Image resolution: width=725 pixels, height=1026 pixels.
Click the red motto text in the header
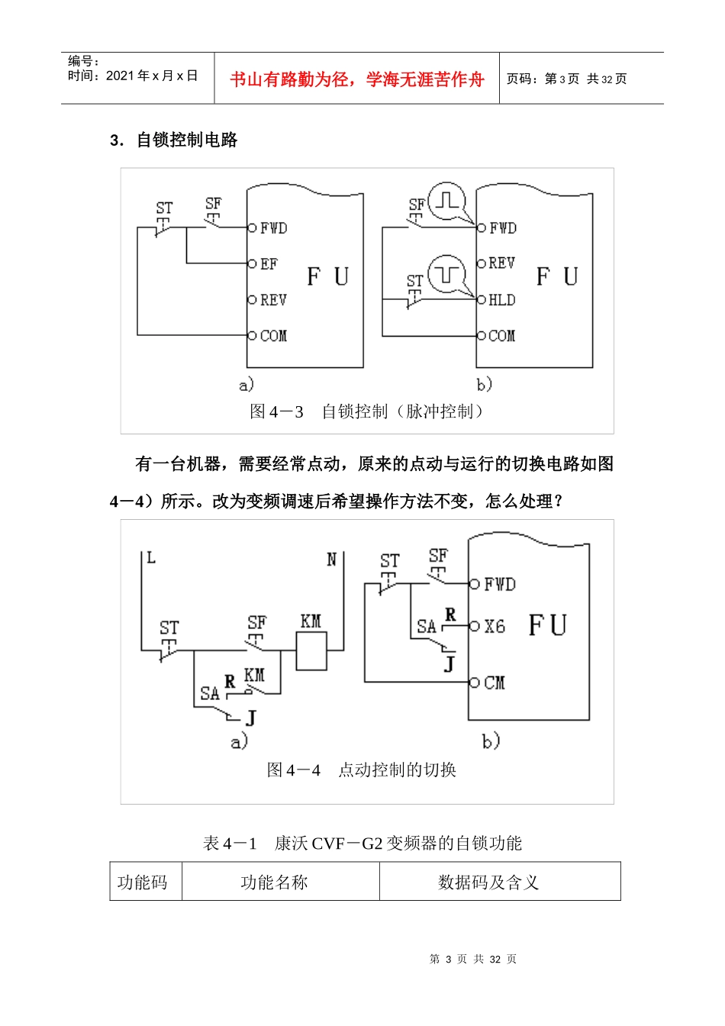coord(356,79)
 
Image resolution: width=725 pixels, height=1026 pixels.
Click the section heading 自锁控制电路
coord(186,140)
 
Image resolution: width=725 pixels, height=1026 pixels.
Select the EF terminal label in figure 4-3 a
coord(269,264)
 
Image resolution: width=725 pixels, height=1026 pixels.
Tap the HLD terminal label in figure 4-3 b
coord(501,300)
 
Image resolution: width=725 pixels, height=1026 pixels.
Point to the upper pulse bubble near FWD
coord(446,201)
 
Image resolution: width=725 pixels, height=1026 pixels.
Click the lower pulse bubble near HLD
coord(446,273)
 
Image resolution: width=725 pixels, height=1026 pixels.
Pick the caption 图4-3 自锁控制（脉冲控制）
coord(367,411)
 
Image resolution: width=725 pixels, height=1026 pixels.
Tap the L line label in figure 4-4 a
coord(151,558)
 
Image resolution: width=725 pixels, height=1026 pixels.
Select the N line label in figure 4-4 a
coord(331,560)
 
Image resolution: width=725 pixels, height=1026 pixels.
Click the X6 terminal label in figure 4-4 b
coord(495,627)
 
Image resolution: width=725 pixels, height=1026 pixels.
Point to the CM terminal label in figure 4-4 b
coord(495,682)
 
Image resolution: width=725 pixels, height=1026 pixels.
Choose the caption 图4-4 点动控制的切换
coord(362,769)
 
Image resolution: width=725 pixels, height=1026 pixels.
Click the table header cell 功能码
coord(143,882)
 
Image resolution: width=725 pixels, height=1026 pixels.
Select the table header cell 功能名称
coord(274,882)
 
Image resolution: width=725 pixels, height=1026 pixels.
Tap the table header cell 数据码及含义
coord(488,882)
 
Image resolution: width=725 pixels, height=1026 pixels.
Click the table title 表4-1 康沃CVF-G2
coord(362,843)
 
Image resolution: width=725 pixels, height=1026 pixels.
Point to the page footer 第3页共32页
coord(473,959)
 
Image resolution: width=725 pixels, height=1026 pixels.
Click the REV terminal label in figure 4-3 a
coord(273,300)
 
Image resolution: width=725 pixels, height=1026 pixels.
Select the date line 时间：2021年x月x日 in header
coord(133,76)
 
